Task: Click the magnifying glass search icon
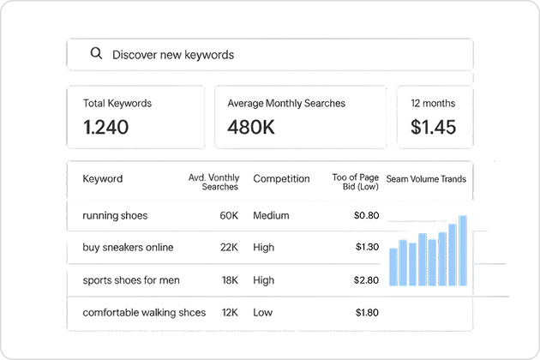[x=96, y=53]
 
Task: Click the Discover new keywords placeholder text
[x=173, y=55]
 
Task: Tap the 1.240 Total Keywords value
[x=106, y=127]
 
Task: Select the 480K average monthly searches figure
[x=251, y=127]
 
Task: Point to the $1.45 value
[x=433, y=127]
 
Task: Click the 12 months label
[x=433, y=104]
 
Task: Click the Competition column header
[x=281, y=179]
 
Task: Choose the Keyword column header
[x=103, y=179]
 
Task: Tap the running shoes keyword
[x=115, y=216]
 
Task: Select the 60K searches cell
[x=229, y=216]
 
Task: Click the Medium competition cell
[x=271, y=216]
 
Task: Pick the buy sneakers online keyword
[x=128, y=248]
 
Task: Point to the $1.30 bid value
[x=367, y=247]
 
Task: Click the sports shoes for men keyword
[x=131, y=280]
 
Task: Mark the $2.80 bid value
[x=366, y=280]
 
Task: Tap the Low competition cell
[x=263, y=313]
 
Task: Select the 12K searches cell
[x=230, y=313]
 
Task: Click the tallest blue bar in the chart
[x=463, y=250]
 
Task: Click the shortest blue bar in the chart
[x=393, y=267]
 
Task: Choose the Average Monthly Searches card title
[x=286, y=104]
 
